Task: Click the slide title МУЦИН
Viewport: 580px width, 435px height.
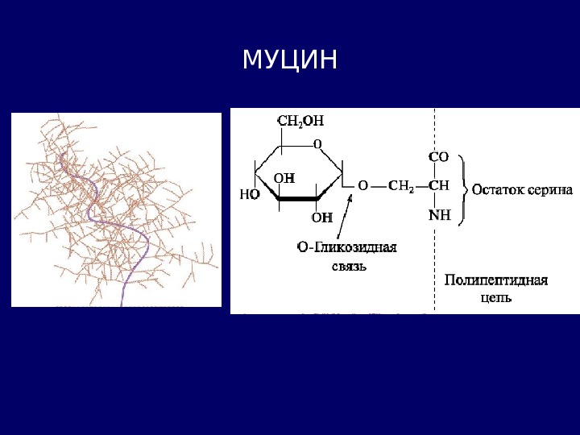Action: (289, 60)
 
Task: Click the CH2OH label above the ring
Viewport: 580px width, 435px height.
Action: (300, 121)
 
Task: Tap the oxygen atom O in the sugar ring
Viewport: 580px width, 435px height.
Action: (317, 143)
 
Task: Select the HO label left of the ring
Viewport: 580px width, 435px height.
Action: (251, 194)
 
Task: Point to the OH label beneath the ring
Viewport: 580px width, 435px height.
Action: (322, 217)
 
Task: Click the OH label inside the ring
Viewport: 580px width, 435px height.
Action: (284, 177)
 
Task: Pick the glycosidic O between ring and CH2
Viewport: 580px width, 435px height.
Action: (362, 185)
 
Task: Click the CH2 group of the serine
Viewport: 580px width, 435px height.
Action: (400, 185)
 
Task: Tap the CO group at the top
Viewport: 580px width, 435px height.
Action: (438, 158)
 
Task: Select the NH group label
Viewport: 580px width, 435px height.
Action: (438, 215)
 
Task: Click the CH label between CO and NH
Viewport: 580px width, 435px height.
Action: (438, 185)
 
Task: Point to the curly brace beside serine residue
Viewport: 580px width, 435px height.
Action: (463, 190)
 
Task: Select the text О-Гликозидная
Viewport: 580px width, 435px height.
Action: (347, 247)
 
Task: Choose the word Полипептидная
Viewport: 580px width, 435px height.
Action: (496, 280)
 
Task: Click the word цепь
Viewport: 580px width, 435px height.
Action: (496, 297)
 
